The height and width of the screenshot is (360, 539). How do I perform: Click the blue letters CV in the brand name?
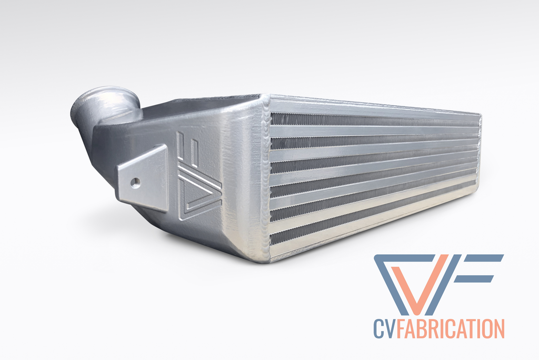tap(384, 328)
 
